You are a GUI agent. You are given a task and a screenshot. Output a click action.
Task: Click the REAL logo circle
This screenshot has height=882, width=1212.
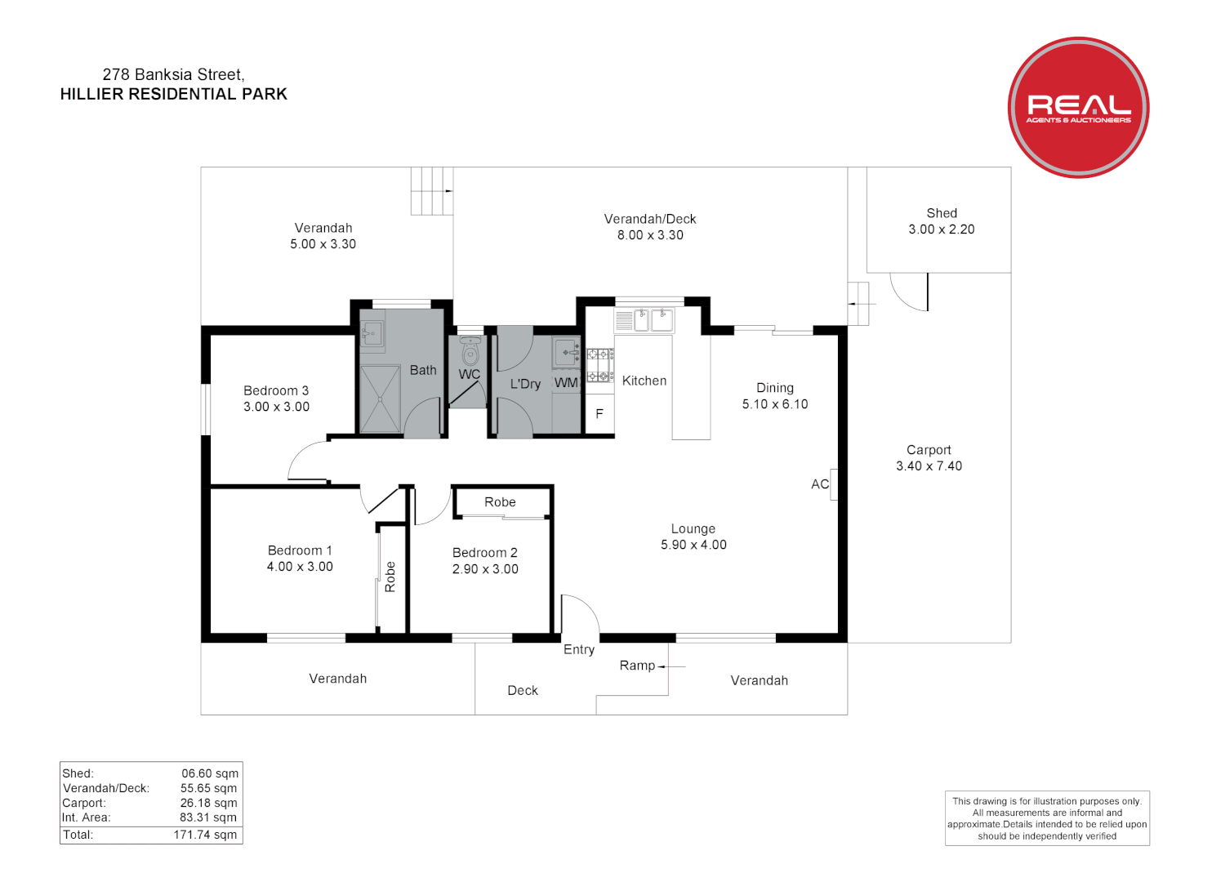(x=1078, y=107)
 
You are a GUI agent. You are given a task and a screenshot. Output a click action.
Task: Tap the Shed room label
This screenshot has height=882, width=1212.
(x=941, y=213)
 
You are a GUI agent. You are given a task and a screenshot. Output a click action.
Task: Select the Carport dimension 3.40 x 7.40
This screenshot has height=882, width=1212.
(x=929, y=466)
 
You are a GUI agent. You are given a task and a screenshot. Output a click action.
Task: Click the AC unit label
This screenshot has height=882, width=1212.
(x=820, y=484)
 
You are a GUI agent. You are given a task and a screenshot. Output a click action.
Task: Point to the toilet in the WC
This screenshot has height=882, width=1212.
(x=470, y=353)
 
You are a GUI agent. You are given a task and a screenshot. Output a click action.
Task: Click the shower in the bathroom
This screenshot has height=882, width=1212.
(x=380, y=399)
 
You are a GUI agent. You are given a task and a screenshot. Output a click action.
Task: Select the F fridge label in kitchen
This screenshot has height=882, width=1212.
(x=599, y=414)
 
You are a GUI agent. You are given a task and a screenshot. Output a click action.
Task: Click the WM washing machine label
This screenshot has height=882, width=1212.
(x=566, y=383)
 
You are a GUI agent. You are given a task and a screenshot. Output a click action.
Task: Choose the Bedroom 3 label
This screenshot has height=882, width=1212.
(x=276, y=391)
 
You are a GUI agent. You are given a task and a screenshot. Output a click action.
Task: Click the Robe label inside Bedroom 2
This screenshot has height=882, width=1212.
(x=500, y=502)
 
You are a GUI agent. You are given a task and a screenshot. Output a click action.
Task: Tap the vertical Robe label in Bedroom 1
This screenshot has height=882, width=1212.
(x=390, y=577)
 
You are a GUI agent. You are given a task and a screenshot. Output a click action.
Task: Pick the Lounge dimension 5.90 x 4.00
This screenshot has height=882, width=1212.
(x=693, y=545)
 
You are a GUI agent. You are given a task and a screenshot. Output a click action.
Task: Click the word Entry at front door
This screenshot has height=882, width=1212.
(x=579, y=650)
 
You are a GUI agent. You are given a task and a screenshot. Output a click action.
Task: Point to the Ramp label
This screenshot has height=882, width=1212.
(x=637, y=666)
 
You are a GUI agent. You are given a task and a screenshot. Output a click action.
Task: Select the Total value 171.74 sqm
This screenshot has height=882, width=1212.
(x=205, y=835)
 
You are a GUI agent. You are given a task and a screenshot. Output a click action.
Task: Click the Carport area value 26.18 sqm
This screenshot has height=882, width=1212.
(x=208, y=803)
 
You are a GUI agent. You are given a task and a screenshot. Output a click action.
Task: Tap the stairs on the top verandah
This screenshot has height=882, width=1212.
(x=431, y=191)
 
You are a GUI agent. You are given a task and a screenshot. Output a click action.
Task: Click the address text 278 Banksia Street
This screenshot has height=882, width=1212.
(x=173, y=75)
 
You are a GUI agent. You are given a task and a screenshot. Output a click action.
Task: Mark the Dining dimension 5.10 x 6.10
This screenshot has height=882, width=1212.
(x=774, y=404)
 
